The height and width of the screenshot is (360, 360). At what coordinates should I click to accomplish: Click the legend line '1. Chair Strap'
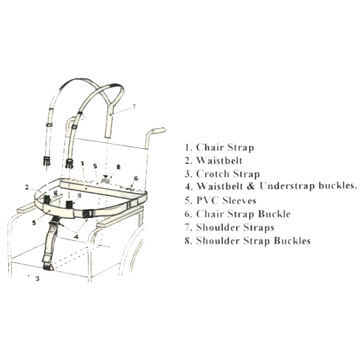coord(219,147)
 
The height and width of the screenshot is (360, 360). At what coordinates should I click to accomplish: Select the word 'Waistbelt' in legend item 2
coord(219,161)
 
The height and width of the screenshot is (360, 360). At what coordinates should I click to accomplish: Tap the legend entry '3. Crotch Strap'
coord(222,174)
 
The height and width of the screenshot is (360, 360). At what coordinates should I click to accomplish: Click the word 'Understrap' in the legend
coord(287,186)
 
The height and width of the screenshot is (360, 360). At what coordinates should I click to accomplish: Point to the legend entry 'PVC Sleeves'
coord(226,200)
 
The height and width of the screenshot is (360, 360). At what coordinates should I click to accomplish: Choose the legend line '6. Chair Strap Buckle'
coord(237,214)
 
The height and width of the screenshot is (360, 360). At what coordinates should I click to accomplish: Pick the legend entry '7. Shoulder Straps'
coord(229,228)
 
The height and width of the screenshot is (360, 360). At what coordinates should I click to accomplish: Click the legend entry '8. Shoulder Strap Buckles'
coord(247,241)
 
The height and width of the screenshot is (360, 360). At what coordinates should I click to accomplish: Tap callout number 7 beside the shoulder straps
coord(134,107)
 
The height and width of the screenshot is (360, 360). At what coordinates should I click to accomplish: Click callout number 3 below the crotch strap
coord(37,279)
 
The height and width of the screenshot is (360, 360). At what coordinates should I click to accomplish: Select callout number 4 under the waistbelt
coord(76,237)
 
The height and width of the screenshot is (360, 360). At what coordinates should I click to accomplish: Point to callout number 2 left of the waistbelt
coord(27,188)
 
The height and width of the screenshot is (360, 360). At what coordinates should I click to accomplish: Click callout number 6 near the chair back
coord(136,178)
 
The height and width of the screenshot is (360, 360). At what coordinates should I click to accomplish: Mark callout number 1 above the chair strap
coord(82,163)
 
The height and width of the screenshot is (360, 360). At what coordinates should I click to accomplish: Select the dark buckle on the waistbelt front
coord(87,214)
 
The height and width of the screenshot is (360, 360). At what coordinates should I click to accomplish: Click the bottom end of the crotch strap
coord(48,268)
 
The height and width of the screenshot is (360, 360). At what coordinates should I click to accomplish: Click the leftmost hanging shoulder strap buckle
coord(47,161)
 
